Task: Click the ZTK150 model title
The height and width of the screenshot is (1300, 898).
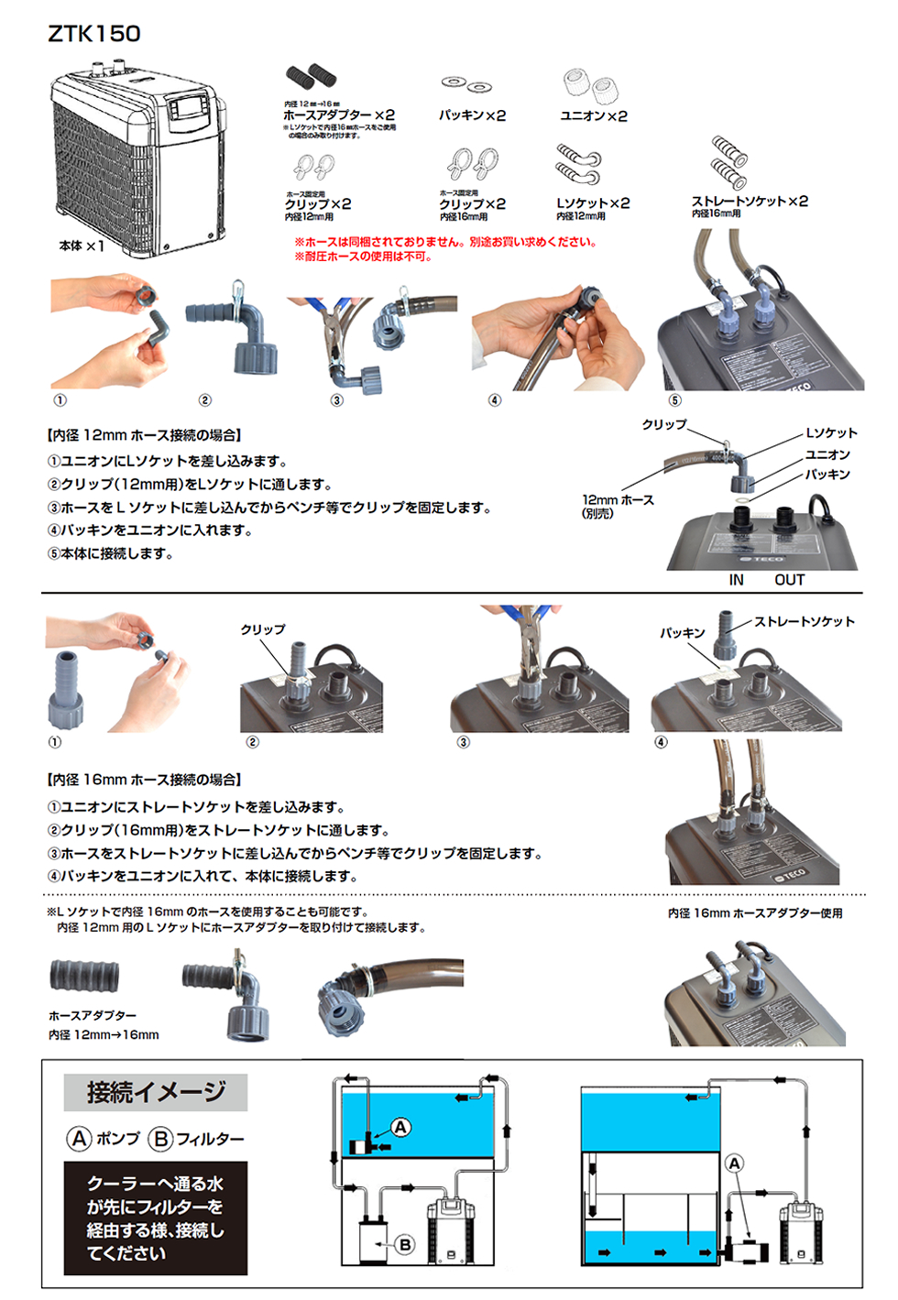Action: tap(94, 35)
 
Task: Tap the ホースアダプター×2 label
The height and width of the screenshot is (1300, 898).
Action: tap(339, 115)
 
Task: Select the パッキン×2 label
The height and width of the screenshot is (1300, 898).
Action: tap(472, 115)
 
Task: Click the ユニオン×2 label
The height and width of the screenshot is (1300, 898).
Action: tap(594, 115)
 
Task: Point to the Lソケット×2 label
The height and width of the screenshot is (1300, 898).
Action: tap(593, 203)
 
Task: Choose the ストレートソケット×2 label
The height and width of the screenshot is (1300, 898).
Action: tap(750, 201)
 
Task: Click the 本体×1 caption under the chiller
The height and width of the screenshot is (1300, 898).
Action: tap(82, 246)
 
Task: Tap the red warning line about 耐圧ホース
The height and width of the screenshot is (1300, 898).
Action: tap(363, 257)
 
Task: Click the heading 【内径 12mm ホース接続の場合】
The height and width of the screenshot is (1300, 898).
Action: tap(144, 435)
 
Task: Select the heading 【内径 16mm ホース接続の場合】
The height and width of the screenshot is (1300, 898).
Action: tap(144, 780)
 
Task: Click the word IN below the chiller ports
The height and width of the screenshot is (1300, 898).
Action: tap(736, 580)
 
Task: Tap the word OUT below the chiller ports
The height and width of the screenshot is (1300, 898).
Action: tap(789, 580)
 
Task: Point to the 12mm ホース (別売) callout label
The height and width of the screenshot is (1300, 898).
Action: tap(618, 506)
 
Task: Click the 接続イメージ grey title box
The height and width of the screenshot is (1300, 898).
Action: tap(156, 1092)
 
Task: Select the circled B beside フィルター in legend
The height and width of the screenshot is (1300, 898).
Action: tap(160, 1139)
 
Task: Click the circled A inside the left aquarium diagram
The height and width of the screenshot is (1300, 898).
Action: tap(400, 1127)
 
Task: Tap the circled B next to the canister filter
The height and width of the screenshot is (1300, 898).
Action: tap(405, 1244)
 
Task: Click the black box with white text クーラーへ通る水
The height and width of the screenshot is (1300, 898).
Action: tap(156, 1218)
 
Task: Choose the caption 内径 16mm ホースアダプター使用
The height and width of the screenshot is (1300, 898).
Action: tap(755, 913)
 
